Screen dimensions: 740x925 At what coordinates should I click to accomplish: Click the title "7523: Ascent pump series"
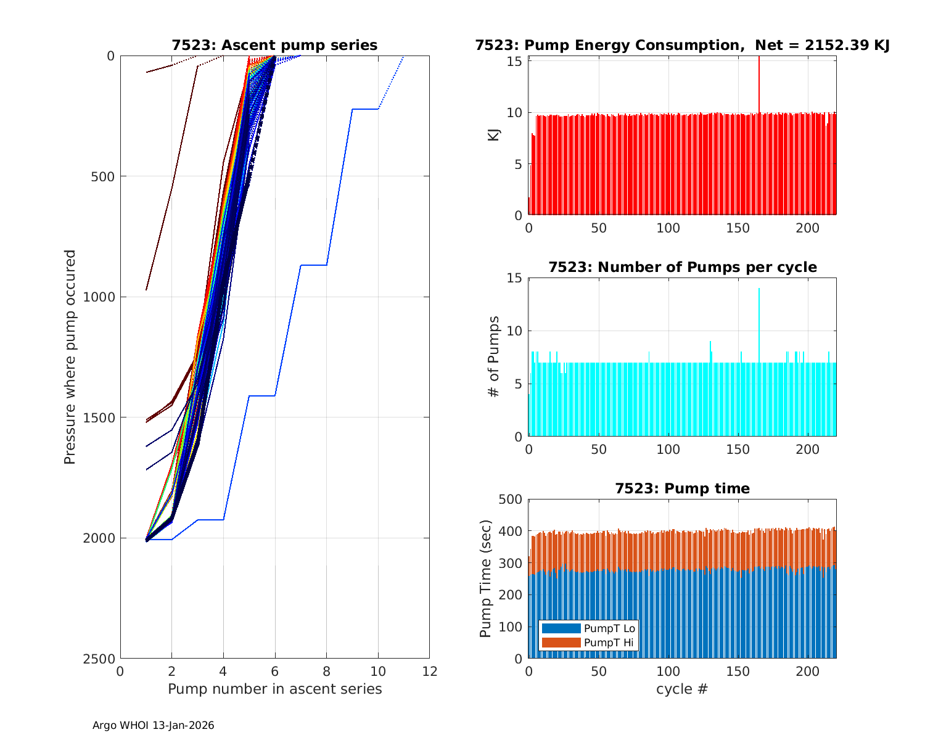274,45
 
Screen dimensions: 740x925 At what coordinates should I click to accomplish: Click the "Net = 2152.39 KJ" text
823,45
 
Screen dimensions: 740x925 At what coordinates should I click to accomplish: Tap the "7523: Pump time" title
682,488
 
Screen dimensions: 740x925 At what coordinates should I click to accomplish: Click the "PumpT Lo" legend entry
609,628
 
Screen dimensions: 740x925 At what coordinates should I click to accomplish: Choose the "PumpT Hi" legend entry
609,643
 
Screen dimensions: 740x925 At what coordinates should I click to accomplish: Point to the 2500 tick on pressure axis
101,659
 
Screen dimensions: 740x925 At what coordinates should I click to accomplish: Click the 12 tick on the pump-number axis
429,672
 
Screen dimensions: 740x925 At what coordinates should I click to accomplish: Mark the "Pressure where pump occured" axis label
70,357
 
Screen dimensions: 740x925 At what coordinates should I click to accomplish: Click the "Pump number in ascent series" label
274,689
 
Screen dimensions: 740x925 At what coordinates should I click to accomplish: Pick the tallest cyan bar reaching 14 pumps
759,321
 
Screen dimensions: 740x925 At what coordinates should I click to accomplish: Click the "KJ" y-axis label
493,134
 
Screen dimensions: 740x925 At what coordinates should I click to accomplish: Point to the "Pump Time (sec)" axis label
485,579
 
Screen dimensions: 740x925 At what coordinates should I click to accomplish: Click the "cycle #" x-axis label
682,689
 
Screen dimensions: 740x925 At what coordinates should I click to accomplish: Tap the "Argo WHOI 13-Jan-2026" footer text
154,726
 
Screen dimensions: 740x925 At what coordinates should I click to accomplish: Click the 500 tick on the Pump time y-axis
510,499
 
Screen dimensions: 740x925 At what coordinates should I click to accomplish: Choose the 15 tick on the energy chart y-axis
515,61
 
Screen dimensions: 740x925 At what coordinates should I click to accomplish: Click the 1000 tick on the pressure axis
101,297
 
